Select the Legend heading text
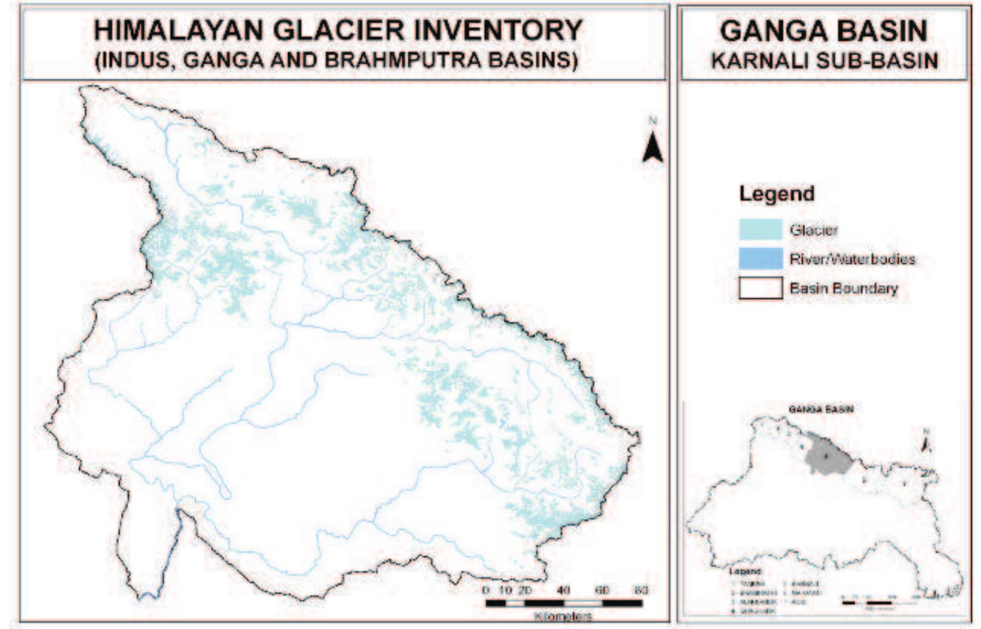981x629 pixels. [777, 194]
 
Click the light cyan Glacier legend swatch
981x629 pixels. [761, 230]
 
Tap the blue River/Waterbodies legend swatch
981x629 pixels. [761, 259]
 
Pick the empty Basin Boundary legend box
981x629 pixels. [761, 288]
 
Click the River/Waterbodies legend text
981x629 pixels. [852, 260]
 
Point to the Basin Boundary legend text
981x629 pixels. [843, 288]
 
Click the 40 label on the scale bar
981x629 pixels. [564, 590]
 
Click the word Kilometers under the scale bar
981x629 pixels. [564, 616]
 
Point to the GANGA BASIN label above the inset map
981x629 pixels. [821, 409]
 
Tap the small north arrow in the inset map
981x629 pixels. [926, 443]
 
